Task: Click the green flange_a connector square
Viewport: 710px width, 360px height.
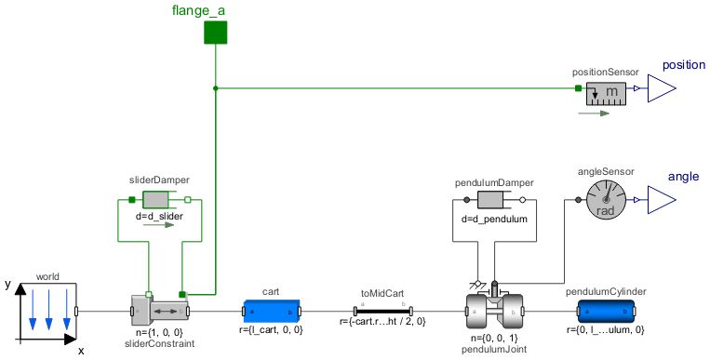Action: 216,33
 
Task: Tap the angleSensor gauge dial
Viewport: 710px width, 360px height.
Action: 605,199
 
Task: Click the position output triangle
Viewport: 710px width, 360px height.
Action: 661,89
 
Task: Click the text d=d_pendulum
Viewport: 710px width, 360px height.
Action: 494,220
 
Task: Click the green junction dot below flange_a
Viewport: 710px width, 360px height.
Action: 216,89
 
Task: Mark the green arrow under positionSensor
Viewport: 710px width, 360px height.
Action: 592,113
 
